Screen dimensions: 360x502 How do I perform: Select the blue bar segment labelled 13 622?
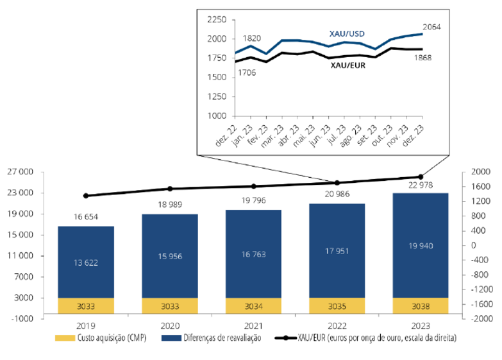pos(86,262)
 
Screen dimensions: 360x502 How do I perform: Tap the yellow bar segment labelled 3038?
pos(421,306)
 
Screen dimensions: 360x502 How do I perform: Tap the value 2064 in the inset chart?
pos(431,27)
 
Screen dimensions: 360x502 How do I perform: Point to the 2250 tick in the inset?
pos(217,20)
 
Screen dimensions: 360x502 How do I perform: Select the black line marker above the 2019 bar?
pos(86,196)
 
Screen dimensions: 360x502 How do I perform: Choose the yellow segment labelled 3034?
pos(253,306)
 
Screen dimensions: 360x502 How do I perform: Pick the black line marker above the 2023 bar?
pos(421,176)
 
